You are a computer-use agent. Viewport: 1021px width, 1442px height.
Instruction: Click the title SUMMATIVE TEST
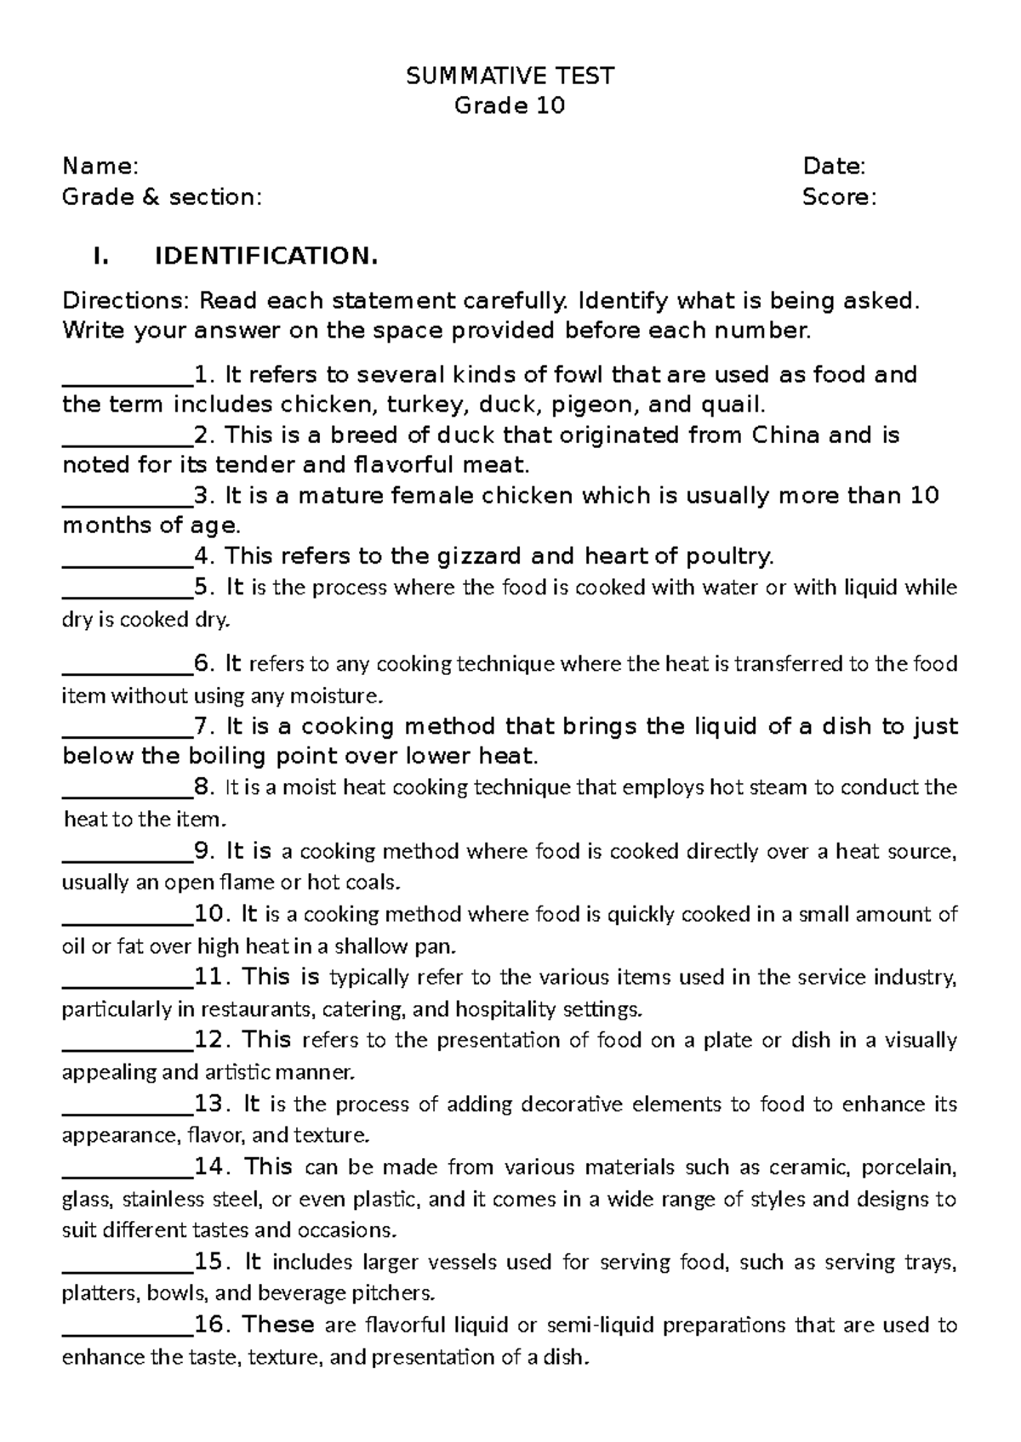tap(510, 77)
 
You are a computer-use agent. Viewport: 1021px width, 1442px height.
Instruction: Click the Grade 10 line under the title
tap(510, 106)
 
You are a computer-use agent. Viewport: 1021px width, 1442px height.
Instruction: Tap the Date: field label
tap(834, 166)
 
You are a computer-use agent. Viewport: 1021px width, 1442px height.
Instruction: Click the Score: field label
tap(839, 197)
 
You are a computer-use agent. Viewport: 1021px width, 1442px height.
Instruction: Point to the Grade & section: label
tap(163, 197)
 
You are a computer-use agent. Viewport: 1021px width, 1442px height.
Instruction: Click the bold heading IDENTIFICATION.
tap(265, 256)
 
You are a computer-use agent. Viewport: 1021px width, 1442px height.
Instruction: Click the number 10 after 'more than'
tap(924, 496)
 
